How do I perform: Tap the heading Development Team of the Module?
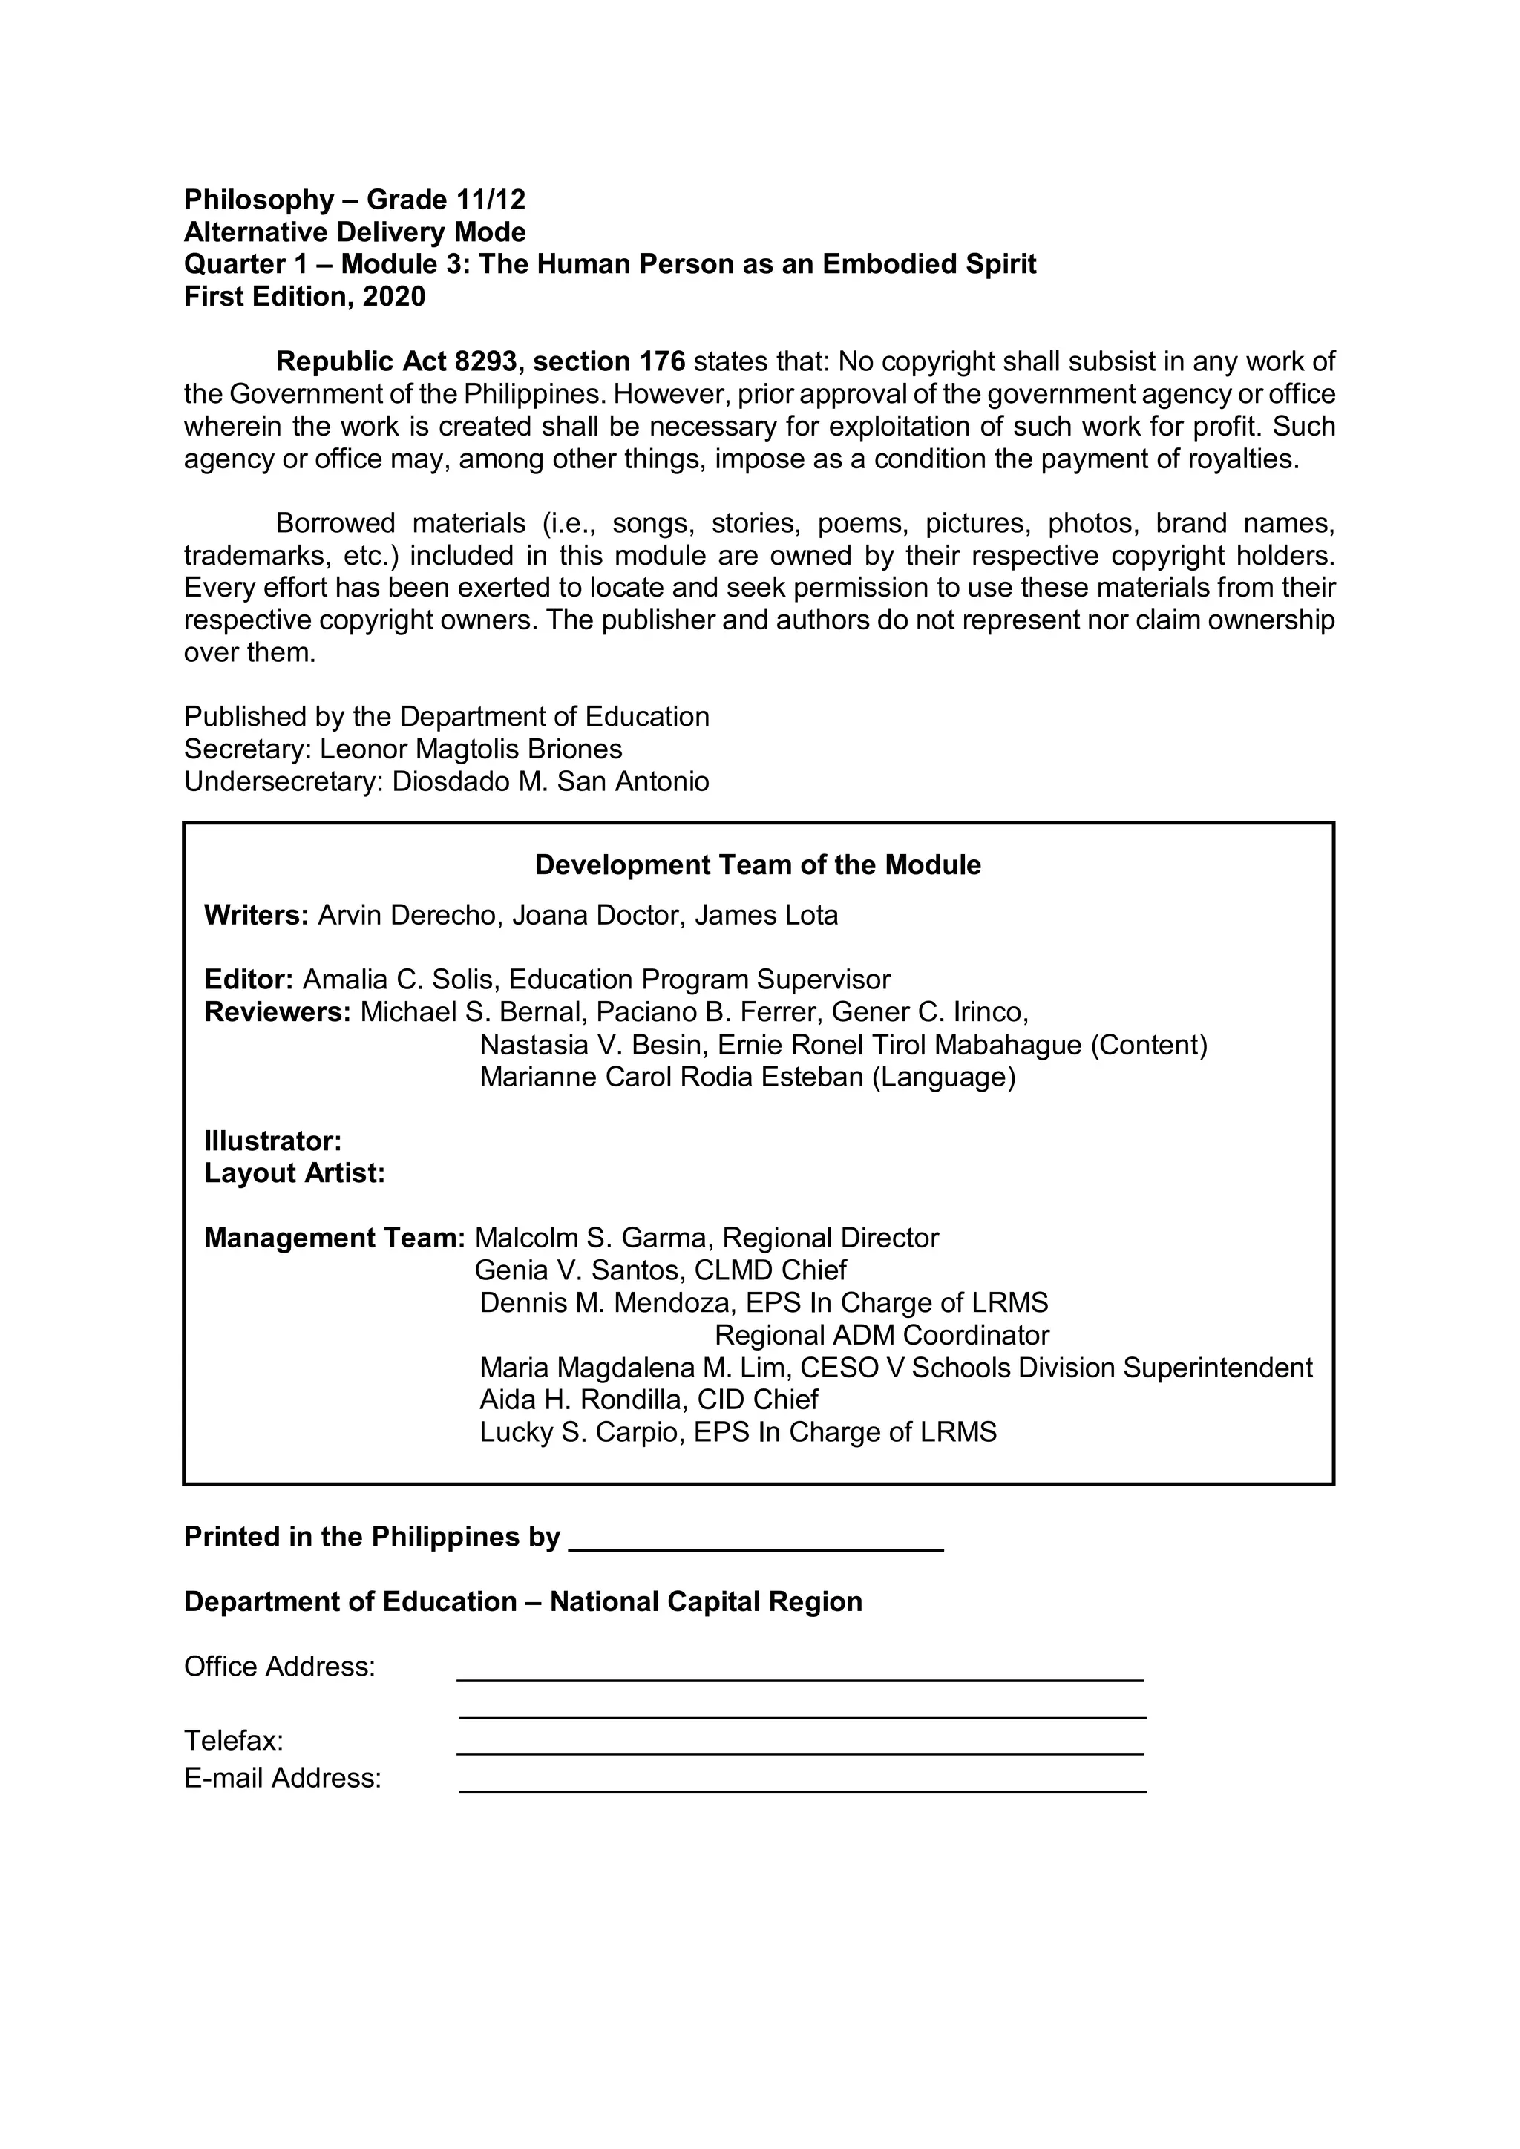(x=757, y=864)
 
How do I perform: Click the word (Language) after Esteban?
(x=943, y=1077)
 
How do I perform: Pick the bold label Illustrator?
(x=272, y=1141)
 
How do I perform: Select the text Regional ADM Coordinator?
(x=882, y=1335)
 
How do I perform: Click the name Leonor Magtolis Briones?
(x=471, y=749)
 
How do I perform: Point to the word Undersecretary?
(x=284, y=781)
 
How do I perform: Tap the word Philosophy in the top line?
(x=258, y=200)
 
